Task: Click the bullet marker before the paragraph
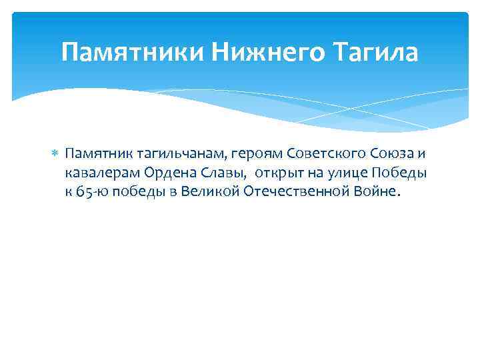(x=55, y=155)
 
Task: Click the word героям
(x=234, y=155)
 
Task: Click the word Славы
(x=210, y=173)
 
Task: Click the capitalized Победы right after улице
(x=393, y=173)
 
